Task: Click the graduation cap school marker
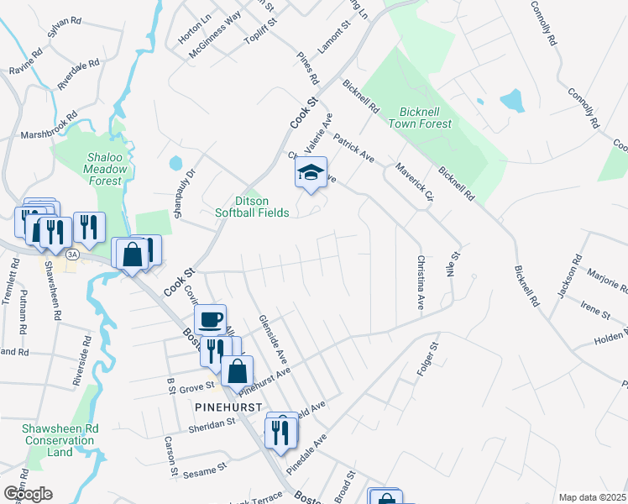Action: pos(311,173)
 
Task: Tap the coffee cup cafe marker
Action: pos(210,319)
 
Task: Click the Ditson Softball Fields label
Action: pos(262,207)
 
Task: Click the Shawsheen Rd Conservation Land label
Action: pos(60,440)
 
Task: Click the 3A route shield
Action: pos(72,255)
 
